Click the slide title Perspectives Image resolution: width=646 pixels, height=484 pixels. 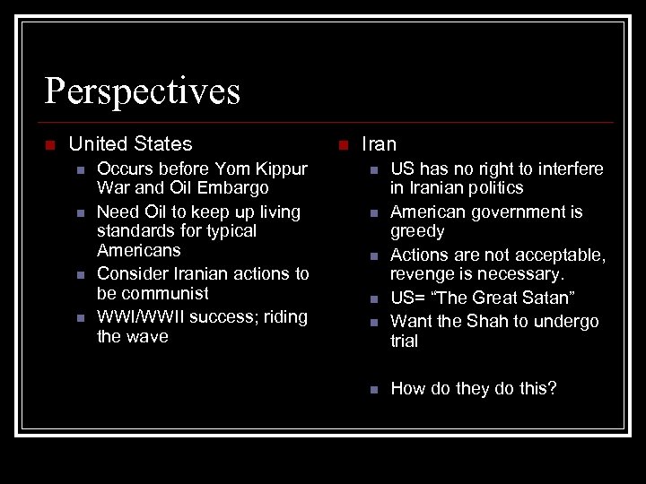(143, 91)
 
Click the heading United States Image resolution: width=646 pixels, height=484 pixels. (130, 143)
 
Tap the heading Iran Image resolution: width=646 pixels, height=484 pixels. (379, 143)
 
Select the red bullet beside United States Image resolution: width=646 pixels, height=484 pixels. (50, 144)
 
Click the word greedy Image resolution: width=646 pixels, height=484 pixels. (417, 231)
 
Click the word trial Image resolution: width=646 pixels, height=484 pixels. (404, 341)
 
